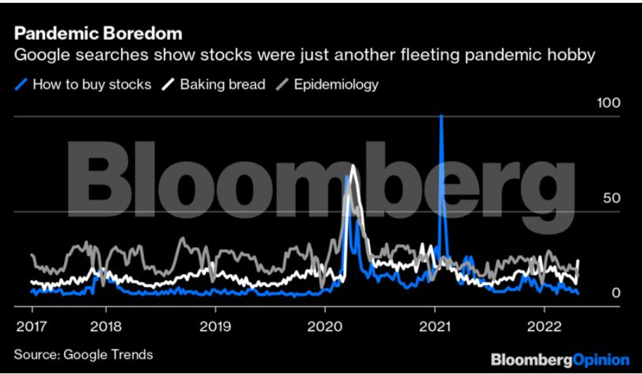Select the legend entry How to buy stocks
tap(91, 84)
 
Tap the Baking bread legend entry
tap(222, 84)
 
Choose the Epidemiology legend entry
tap(336, 84)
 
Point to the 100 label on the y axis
tap(608, 103)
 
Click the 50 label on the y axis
tap(612, 198)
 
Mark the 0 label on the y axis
tap(615, 292)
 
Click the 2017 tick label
tap(32, 326)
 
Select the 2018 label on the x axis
tap(105, 326)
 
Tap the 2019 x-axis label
tap(214, 326)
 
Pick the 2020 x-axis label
tap(325, 326)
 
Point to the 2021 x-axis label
tap(435, 326)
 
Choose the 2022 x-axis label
tap(544, 326)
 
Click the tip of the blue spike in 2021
tap(441, 116)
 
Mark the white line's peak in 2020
tap(353, 166)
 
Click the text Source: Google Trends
tap(83, 354)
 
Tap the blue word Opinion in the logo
tap(602, 360)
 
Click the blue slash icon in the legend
tap(21, 84)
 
